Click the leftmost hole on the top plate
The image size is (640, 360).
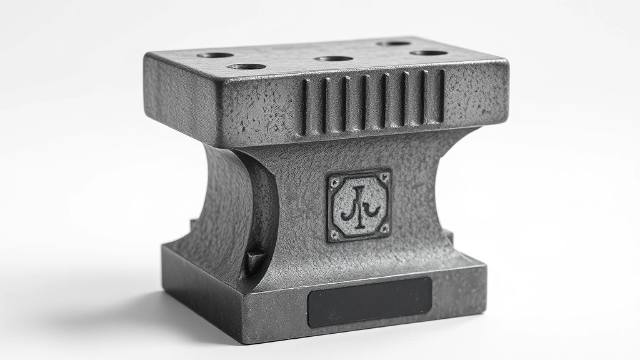coord(215,55)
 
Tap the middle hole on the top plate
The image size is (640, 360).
coord(334,59)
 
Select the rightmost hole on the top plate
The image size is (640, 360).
coord(429,52)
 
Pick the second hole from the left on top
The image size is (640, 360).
coord(246,66)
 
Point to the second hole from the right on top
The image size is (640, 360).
coord(394,43)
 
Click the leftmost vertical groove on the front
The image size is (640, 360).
coord(305,107)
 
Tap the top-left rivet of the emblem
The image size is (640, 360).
coord(334,182)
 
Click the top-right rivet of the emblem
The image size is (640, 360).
coord(384,177)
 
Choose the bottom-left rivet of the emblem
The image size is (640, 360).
coord(335,234)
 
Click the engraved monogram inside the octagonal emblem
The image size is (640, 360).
coord(359,206)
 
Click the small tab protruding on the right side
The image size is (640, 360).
coord(448,236)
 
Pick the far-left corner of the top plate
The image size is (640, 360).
coord(146,56)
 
